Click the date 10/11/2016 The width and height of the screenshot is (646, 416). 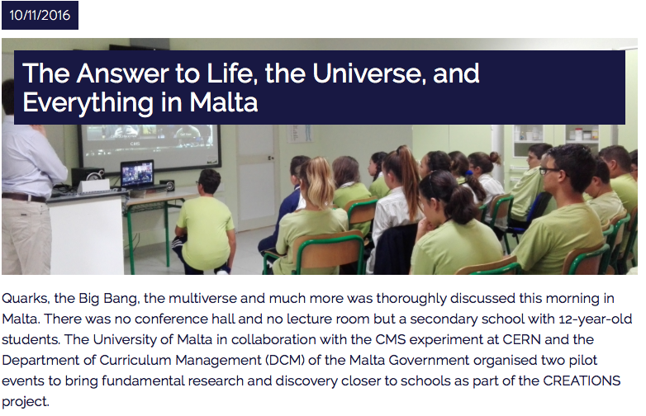40,15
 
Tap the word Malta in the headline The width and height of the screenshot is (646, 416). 223,102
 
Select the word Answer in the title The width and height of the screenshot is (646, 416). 122,73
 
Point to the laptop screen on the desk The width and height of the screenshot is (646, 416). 137,173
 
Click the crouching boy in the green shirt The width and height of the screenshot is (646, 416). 204,224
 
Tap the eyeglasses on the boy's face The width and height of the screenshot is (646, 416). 550,170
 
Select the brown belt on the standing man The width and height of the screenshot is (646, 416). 24,198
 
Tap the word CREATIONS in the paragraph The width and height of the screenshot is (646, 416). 582,381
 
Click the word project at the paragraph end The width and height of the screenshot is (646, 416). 25,402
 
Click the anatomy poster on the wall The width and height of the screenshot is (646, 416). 300,133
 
